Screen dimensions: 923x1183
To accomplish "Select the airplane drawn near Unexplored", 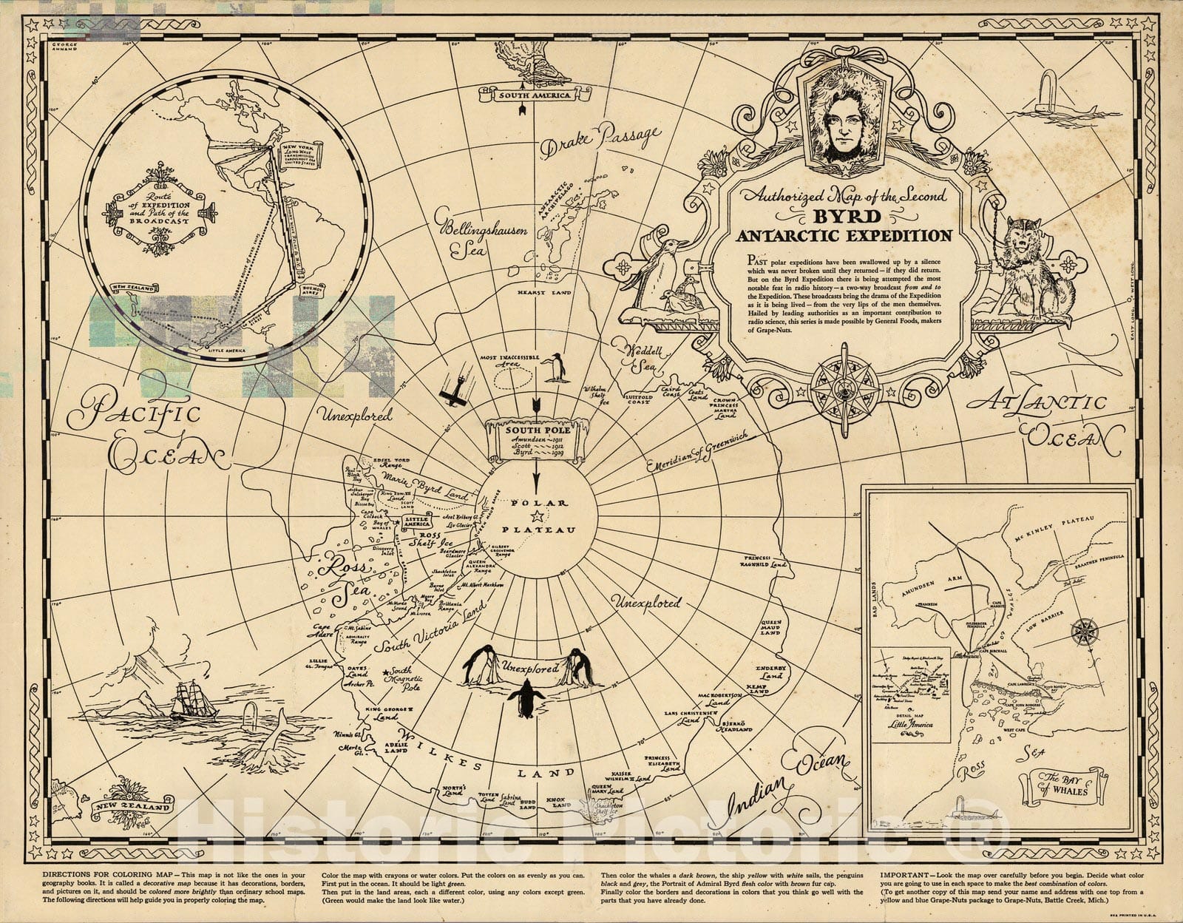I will tap(452, 389).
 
